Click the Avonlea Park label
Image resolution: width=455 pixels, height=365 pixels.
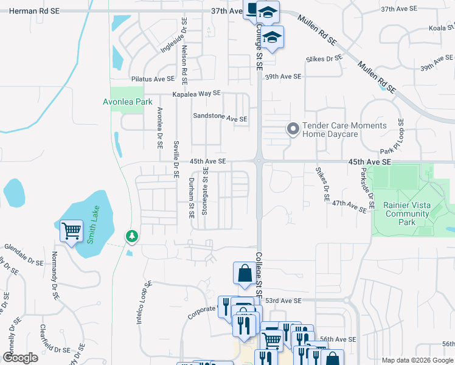tap(127, 102)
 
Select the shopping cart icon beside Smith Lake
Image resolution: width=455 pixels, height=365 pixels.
tap(72, 231)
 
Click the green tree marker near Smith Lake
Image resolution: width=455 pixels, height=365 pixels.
tap(131, 235)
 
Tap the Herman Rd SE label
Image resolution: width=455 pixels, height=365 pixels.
tap(20, 11)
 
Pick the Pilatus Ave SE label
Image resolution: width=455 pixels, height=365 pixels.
tap(153, 79)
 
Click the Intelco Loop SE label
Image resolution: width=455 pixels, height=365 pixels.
tap(144, 302)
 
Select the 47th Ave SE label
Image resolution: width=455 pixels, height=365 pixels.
tap(349, 207)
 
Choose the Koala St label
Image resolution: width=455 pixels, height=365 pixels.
tap(442, 28)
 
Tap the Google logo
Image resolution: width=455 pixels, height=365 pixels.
tap(20, 358)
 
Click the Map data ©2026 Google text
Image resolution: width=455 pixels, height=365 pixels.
tap(417, 360)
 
